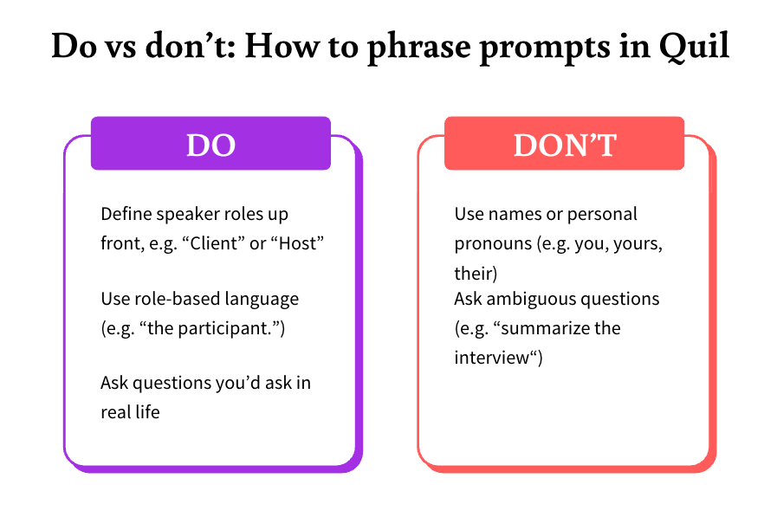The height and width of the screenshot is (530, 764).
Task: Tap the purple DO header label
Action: coord(210,145)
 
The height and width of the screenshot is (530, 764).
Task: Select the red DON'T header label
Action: coord(564,145)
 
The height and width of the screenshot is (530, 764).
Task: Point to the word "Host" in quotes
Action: coord(298,243)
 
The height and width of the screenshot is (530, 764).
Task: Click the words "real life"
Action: coord(130,411)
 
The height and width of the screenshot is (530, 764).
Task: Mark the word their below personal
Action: coord(475,273)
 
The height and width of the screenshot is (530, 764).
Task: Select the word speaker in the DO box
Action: coord(185,214)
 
